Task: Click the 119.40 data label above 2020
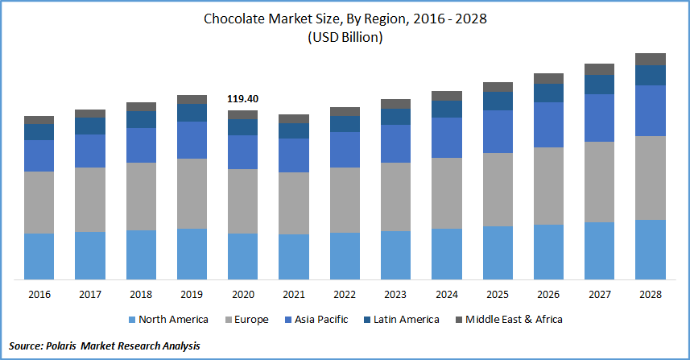(x=242, y=99)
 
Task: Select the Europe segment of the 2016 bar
(x=39, y=202)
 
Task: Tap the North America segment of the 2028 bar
(x=651, y=250)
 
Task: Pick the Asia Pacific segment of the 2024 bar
(x=447, y=138)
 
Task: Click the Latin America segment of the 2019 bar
(x=192, y=113)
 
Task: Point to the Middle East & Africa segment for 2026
(x=548, y=78)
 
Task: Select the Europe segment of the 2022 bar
(x=345, y=200)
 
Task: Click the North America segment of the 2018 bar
(x=141, y=254)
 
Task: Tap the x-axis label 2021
(x=294, y=295)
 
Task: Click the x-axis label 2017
(x=89, y=295)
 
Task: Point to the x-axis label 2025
(x=498, y=295)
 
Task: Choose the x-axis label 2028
(x=651, y=295)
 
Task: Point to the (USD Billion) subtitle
(x=345, y=37)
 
